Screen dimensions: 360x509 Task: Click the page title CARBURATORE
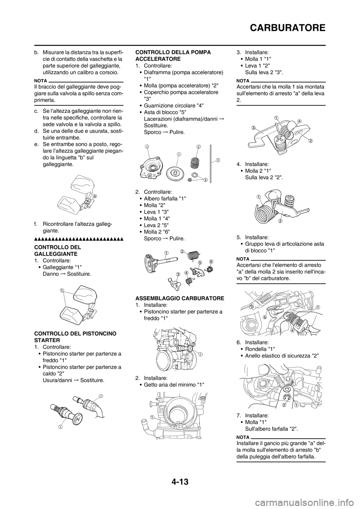click(288, 28)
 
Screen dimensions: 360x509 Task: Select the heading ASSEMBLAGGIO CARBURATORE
click(180, 298)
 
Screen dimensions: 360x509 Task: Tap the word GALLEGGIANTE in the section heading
click(56, 253)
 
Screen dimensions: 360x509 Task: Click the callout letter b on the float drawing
click(95, 195)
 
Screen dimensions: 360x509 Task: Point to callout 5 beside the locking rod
click(218, 160)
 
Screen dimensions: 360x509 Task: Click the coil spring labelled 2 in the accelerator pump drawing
click(194, 162)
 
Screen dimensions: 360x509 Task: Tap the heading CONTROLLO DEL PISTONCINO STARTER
click(75, 337)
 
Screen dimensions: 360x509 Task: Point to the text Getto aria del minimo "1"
click(174, 385)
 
